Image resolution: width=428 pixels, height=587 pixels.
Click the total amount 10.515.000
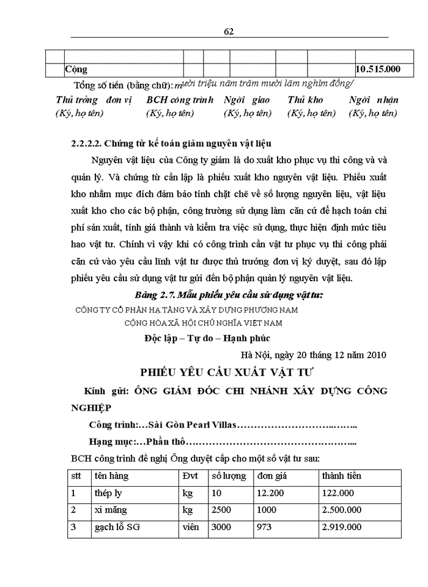378,69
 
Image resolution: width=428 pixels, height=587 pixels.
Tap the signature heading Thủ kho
305,100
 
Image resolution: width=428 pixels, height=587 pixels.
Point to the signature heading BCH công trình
180,100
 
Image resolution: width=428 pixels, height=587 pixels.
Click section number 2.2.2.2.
86,144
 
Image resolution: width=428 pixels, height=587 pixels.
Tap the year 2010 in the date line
374,354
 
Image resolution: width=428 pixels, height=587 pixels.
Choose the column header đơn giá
271,476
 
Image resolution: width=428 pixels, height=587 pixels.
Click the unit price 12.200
270,493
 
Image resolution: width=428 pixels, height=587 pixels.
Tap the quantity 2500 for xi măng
221,509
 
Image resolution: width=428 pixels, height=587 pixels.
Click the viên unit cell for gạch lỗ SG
191,526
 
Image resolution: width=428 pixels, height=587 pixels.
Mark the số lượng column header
229,476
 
